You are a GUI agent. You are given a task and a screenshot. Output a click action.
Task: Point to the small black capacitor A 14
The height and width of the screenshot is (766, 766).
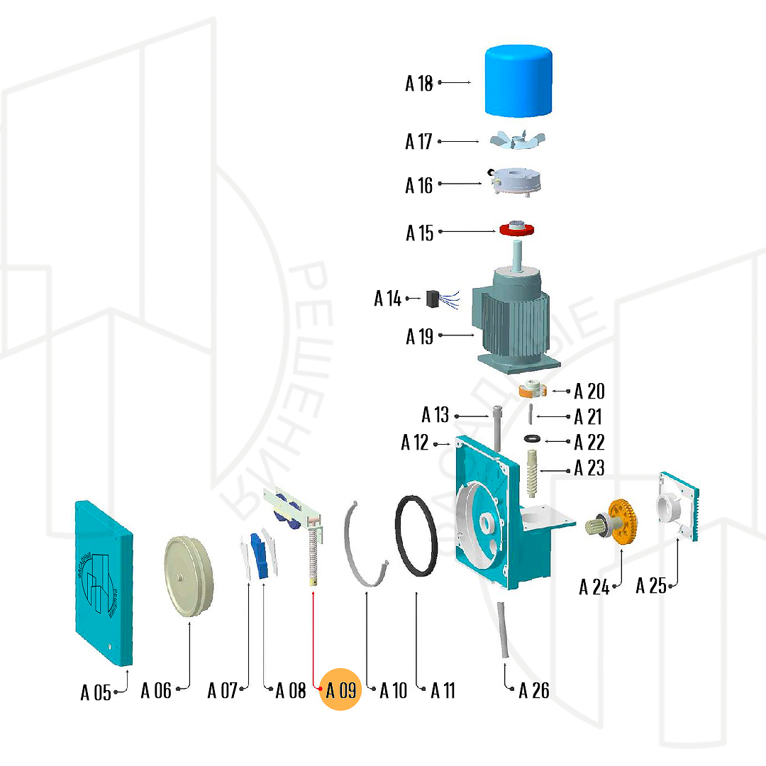point(432,299)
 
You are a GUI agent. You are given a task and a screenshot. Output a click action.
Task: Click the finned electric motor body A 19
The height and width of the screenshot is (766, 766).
point(514,319)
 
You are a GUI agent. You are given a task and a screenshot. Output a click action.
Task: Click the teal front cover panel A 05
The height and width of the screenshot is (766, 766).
point(104,582)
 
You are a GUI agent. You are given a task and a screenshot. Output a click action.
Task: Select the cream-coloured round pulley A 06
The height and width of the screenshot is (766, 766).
point(189,577)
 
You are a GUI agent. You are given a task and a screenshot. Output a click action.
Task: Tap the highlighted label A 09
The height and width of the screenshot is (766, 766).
point(341,689)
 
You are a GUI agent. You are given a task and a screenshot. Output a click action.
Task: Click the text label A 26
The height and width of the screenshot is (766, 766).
point(533,690)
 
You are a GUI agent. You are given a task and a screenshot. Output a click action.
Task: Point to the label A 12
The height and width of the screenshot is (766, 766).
point(416,443)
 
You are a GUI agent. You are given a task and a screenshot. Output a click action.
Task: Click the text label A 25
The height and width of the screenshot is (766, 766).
point(651,586)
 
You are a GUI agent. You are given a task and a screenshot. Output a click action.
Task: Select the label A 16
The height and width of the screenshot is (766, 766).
point(419,186)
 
